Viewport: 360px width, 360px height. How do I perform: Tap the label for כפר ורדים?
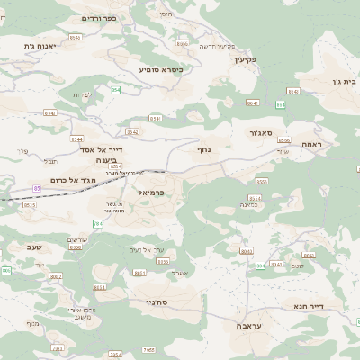click(x=97, y=18)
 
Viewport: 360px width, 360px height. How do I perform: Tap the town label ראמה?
click(x=311, y=144)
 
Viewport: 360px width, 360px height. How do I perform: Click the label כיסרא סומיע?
click(x=161, y=69)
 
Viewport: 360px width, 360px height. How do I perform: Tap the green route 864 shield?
click(x=279, y=104)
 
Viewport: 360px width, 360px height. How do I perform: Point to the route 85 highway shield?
click(x=37, y=188)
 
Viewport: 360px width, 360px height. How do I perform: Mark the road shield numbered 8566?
click(x=284, y=140)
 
